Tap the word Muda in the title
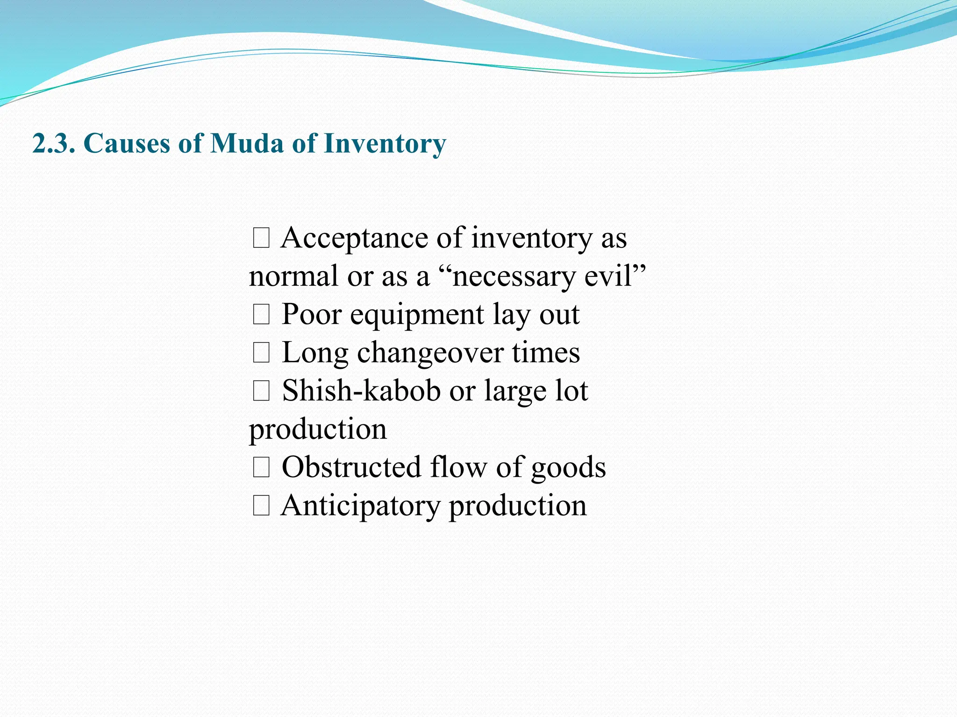247,143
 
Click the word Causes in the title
127,143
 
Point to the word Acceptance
354,239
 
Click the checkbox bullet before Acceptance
261,239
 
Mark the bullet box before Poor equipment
261,315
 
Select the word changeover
430,353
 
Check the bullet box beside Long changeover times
261,353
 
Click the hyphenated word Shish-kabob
361,391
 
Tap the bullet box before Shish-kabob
261,391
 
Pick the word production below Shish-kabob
318,430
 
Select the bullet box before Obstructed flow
261,468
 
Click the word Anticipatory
360,506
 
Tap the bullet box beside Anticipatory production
261,506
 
